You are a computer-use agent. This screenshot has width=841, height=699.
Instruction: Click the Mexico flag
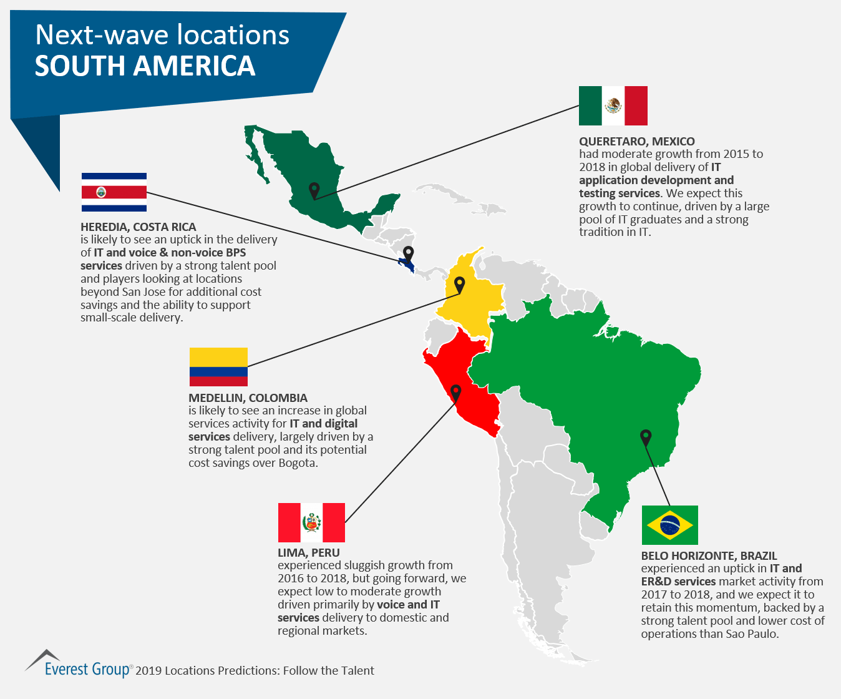(613, 105)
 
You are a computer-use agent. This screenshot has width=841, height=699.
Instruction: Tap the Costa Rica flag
(114, 192)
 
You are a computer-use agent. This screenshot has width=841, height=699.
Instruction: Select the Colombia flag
(218, 367)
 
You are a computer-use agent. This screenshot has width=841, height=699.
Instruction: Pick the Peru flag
(311, 522)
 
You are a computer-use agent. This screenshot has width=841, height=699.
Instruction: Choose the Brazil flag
(669, 525)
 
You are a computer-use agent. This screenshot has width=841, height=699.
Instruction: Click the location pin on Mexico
(314, 190)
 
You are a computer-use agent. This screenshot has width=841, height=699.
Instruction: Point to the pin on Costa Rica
(408, 253)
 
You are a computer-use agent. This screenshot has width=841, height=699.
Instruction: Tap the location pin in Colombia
(459, 285)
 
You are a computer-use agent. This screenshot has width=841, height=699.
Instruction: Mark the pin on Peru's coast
(456, 393)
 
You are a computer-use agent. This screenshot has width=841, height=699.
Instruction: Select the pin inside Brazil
(646, 437)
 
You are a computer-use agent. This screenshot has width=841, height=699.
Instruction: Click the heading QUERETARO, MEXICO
(636, 142)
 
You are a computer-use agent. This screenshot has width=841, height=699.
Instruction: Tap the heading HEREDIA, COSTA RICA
(138, 227)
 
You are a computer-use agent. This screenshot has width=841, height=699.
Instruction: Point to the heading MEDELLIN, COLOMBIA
(248, 398)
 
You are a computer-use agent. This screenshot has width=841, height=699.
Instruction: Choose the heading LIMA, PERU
(308, 553)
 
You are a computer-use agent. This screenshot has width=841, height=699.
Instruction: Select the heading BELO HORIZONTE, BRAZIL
(709, 556)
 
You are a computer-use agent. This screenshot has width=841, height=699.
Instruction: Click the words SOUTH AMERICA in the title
(145, 66)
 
